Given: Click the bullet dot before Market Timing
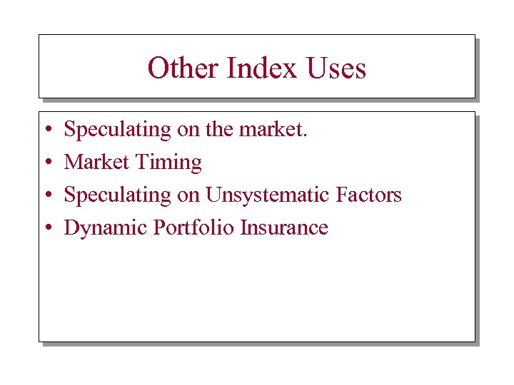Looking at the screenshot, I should [x=46, y=163].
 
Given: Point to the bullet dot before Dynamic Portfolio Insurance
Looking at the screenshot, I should [x=46, y=229].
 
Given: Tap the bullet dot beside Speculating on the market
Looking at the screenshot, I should [x=46, y=130].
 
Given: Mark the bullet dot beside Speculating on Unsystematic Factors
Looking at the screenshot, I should [x=46, y=196].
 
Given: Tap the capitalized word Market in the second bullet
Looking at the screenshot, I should [x=96, y=163].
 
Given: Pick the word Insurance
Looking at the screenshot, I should [x=284, y=228].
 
